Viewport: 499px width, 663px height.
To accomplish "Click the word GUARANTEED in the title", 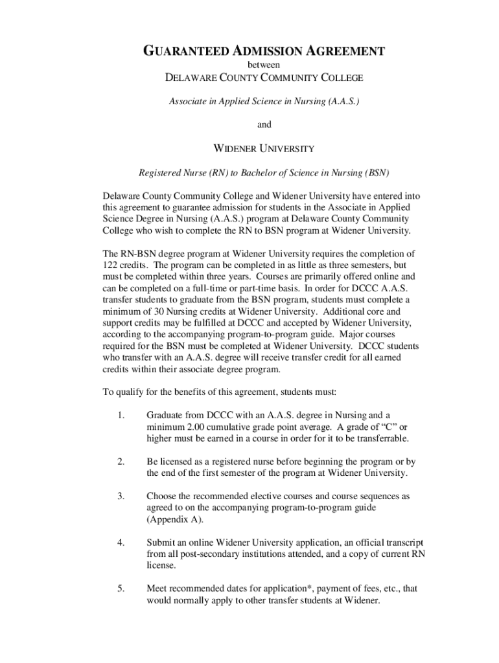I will click(x=185, y=51).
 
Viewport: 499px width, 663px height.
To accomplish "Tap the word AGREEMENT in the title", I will click(x=344, y=51).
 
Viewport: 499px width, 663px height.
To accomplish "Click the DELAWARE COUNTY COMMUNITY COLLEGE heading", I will click(x=264, y=78).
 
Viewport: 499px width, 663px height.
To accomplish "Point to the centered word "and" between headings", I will click(x=264, y=124).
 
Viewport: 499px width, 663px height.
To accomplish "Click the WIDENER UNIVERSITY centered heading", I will click(x=264, y=148).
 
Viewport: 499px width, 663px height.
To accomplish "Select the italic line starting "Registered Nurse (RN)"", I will click(x=264, y=173).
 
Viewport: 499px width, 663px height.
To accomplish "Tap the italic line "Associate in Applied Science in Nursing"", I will click(x=264, y=102).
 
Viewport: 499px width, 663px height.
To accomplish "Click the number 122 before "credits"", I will click(x=111, y=265).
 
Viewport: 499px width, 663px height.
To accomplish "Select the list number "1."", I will click(x=121, y=415).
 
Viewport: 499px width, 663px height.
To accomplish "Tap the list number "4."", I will click(x=121, y=542).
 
